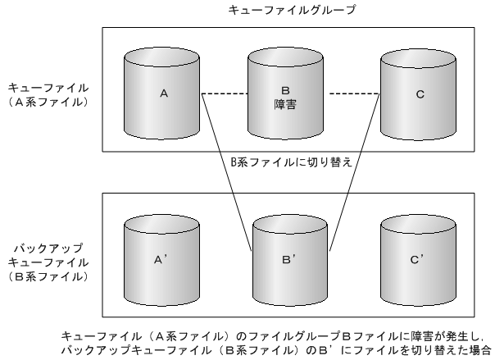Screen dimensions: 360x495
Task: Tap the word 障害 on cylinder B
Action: pyautogui.click(x=285, y=105)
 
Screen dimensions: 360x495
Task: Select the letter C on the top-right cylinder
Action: pyautogui.click(x=420, y=95)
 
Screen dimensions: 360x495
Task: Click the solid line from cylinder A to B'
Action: pyautogui.click(x=225, y=168)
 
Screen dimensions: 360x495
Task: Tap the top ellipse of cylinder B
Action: pyautogui.click(x=284, y=60)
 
